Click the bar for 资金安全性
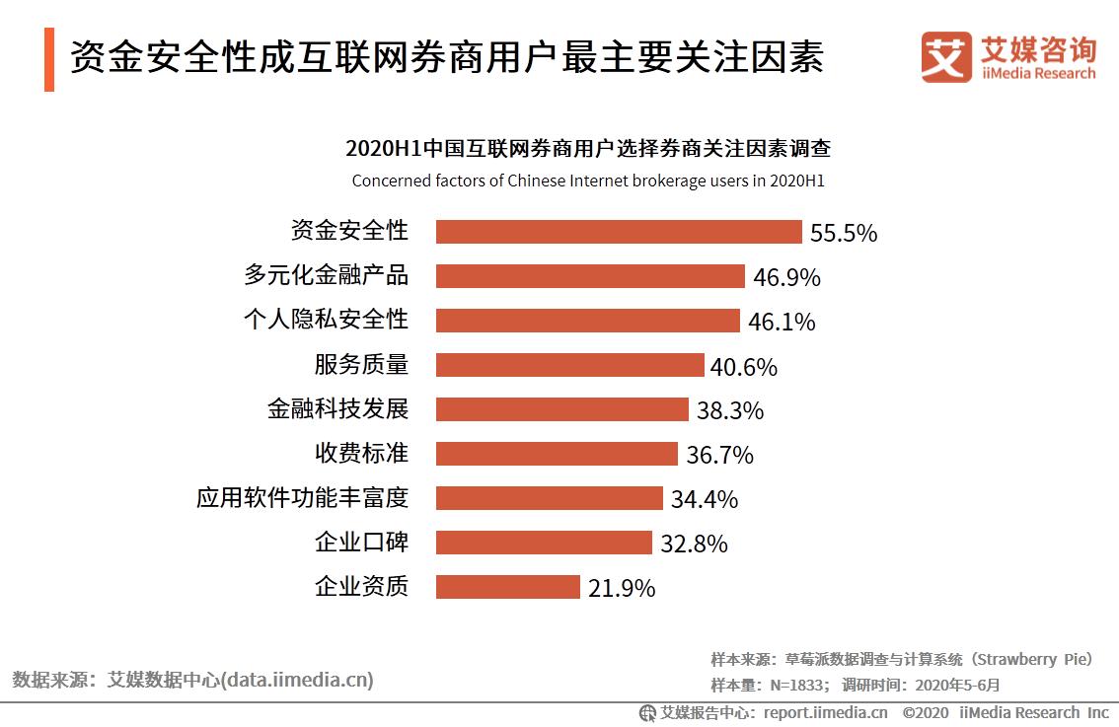click(619, 232)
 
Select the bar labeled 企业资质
click(507, 587)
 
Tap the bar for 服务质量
click(569, 365)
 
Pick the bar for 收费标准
click(557, 454)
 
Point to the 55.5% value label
click(843, 233)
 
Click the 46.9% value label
click(786, 277)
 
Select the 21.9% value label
click(622, 588)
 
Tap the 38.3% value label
click(730, 410)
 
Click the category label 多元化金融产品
click(326, 275)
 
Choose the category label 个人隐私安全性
click(326, 320)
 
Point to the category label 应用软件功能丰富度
click(302, 497)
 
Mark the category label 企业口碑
click(361, 542)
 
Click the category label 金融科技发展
click(337, 408)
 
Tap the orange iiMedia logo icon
click(945, 57)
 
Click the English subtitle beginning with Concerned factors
click(587, 182)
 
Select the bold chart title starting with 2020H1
click(587, 150)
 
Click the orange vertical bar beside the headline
click(49, 59)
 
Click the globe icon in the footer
click(647, 712)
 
